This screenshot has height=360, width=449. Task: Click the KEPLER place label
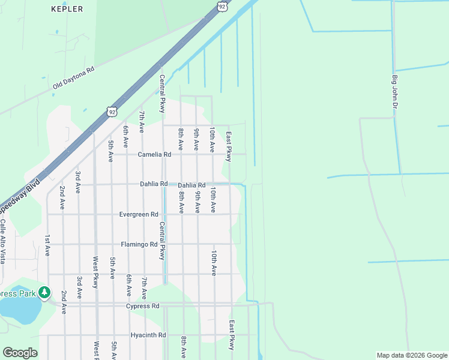pyautogui.click(x=67, y=9)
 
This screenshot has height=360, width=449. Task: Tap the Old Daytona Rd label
pyautogui.click(x=74, y=78)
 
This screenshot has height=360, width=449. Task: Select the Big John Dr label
pyautogui.click(x=395, y=92)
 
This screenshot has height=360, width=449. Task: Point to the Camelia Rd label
pyautogui.click(x=154, y=154)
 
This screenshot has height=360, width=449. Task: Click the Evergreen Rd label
pyautogui.click(x=138, y=214)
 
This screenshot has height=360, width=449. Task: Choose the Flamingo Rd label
pyautogui.click(x=139, y=244)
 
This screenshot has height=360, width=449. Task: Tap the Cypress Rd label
pyautogui.click(x=142, y=306)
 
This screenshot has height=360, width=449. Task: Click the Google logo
pyautogui.click(x=20, y=353)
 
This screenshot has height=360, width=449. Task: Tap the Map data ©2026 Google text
pyautogui.click(x=411, y=355)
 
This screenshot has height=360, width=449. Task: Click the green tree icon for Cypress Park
pyautogui.click(x=44, y=293)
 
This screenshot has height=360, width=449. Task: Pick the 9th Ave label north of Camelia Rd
pyautogui.click(x=196, y=139)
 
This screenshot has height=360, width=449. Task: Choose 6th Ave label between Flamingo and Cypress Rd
pyautogui.click(x=128, y=286)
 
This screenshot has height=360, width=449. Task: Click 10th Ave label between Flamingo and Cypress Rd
pyautogui.click(x=213, y=263)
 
